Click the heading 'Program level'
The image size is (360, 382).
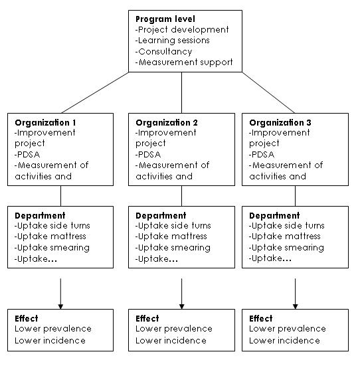click(x=165, y=19)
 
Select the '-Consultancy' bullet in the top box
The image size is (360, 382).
click(x=163, y=52)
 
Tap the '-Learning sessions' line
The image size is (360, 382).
click(x=172, y=41)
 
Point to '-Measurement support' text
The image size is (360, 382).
click(x=184, y=62)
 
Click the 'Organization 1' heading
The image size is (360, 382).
click(x=45, y=122)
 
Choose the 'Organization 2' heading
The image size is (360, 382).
click(x=167, y=122)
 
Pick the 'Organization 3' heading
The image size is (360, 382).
click(x=280, y=122)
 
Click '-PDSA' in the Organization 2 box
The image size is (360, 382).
click(x=148, y=155)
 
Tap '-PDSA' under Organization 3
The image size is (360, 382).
click(x=262, y=155)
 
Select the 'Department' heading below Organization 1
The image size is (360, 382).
click(x=40, y=216)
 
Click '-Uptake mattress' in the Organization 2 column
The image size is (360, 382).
click(x=171, y=237)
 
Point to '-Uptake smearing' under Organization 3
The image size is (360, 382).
click(x=286, y=248)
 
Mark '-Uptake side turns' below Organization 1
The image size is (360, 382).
click(x=52, y=226)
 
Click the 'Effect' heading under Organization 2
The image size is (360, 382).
click(x=147, y=319)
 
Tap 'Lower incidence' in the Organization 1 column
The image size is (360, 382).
click(x=50, y=341)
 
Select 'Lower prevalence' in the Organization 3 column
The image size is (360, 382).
click(x=288, y=329)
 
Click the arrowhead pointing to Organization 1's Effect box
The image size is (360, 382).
click(x=60, y=306)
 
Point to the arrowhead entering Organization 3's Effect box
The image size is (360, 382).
click(x=295, y=306)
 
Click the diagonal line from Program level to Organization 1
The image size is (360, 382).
click(x=95, y=92)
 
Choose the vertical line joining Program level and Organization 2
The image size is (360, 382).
click(x=181, y=92)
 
